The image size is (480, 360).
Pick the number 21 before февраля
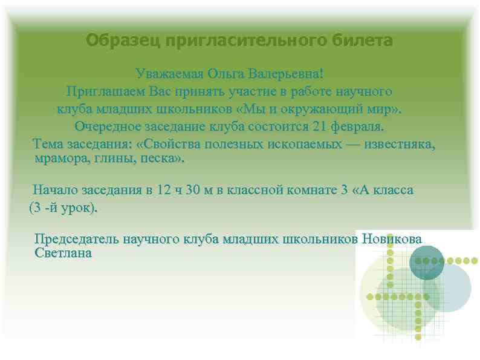[x=320, y=128]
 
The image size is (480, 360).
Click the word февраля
[x=358, y=128]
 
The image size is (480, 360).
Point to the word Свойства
[x=170, y=145]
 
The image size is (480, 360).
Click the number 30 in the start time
[x=193, y=190]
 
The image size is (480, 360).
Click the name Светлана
[x=63, y=253]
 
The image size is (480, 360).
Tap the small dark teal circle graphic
[x=427, y=263]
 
